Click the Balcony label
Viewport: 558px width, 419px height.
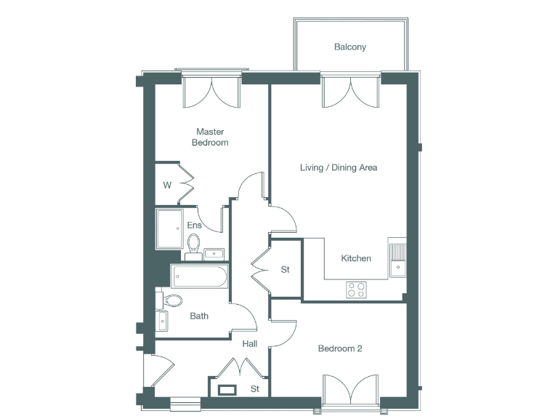tap(349, 47)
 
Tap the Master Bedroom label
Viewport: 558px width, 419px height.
tap(210, 137)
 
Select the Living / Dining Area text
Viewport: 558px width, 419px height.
tap(339, 168)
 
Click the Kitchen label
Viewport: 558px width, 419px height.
tap(356, 258)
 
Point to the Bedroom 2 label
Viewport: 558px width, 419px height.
tap(340, 348)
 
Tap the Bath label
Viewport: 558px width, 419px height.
tap(199, 316)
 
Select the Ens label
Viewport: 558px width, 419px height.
tap(194, 226)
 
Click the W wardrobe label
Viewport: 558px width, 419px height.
tap(166, 185)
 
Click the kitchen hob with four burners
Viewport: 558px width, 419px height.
tap(356, 290)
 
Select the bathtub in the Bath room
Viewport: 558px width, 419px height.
tap(200, 277)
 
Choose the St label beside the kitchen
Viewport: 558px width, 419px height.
tap(285, 270)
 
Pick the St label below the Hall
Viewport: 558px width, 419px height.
tap(255, 389)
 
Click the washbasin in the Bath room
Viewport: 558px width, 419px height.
tap(161, 320)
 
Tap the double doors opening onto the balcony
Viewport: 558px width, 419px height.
tap(350, 92)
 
